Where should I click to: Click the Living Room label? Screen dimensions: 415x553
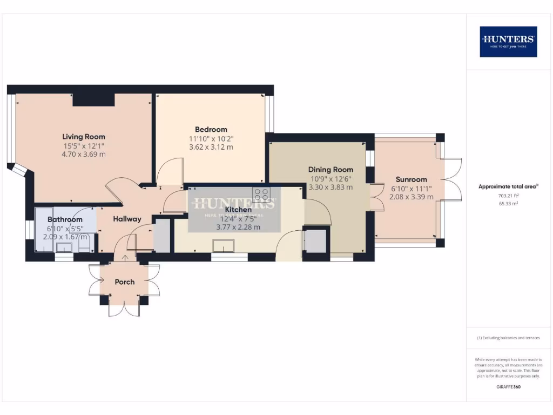83,137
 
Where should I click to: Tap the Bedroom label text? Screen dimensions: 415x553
211,130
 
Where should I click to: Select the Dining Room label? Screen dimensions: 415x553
331,170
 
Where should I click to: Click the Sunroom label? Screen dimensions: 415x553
411,179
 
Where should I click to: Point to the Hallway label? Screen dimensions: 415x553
127,219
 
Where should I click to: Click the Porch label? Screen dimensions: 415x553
124,282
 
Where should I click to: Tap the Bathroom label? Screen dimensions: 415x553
65,220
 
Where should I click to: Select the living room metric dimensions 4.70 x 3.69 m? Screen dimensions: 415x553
83,154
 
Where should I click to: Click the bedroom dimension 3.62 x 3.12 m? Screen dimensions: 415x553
211,146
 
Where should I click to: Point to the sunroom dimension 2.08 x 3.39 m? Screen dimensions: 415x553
411,197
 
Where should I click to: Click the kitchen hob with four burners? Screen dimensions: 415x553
261,193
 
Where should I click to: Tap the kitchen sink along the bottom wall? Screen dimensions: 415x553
223,246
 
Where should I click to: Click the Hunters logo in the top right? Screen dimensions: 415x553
508,42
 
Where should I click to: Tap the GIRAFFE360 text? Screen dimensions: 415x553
508,387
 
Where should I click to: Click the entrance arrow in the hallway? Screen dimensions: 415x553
126,258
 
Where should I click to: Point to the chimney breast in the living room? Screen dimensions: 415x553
93,99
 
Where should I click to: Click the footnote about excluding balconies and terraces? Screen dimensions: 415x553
508,338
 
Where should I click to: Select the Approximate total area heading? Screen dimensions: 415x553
508,186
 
